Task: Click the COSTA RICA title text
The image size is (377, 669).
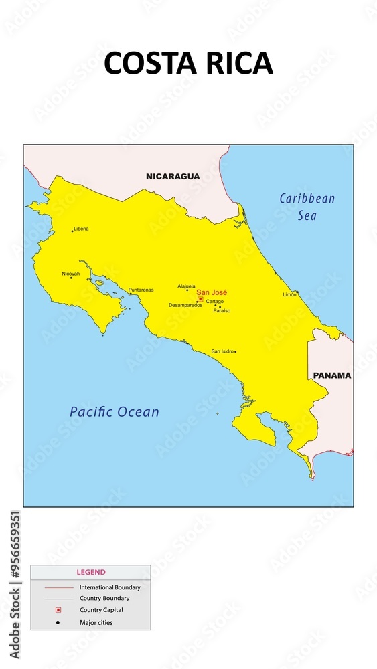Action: [188, 63]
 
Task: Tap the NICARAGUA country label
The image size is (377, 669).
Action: [173, 177]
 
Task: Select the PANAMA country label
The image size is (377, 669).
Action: [332, 375]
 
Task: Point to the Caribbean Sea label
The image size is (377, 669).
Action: [307, 207]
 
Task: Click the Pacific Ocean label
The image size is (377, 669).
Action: [115, 412]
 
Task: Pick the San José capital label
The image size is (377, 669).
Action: [212, 292]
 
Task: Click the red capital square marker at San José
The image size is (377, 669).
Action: [200, 299]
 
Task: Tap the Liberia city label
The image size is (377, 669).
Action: [81, 229]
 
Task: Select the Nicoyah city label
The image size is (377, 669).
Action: [70, 274]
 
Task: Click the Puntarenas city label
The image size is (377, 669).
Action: [141, 290]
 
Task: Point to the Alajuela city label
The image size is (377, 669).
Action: [186, 286]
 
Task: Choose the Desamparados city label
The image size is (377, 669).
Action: [185, 305]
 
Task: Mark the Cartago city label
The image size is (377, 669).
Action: [215, 302]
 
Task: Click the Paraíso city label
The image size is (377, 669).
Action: [222, 311]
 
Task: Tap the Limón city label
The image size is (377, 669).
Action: [289, 294]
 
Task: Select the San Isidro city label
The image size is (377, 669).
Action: [222, 351]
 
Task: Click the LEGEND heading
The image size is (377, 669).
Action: [91, 573]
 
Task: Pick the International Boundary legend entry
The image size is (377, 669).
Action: [110, 587]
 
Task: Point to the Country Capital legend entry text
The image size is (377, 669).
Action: [101, 610]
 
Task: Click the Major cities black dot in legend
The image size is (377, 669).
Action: [58, 623]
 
